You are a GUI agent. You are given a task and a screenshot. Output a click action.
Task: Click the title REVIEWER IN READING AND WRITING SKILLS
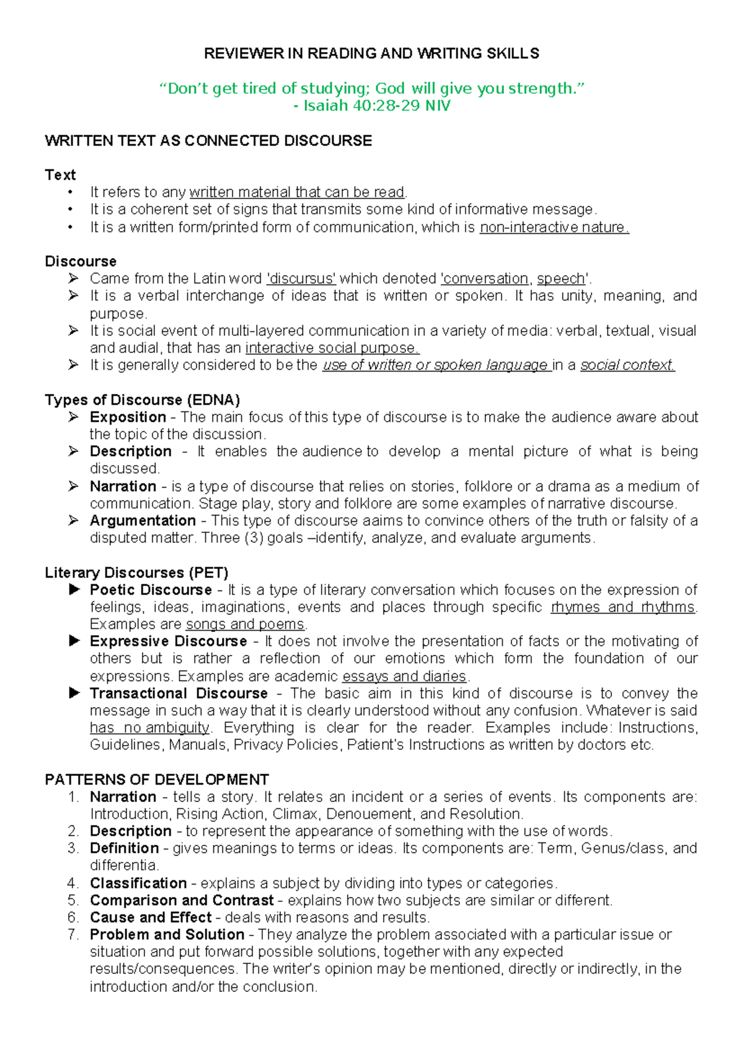[x=371, y=53]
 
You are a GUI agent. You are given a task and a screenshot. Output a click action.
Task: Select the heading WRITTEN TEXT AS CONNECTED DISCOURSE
[x=208, y=141]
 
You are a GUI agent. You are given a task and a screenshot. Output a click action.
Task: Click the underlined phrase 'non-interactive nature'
[x=554, y=228]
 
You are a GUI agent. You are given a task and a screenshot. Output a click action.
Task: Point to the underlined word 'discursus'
[x=301, y=279]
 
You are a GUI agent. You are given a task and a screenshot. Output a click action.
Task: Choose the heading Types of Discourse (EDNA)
[x=142, y=399]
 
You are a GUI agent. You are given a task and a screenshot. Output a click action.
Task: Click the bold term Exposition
[x=128, y=417]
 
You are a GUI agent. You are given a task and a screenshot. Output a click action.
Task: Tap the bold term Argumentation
[x=143, y=520]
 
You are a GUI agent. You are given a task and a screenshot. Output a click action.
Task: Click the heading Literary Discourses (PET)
[x=136, y=573]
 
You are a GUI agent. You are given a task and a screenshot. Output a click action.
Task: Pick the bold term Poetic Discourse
[x=151, y=589]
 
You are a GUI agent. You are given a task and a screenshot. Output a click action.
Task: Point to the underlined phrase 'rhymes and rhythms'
[x=622, y=607]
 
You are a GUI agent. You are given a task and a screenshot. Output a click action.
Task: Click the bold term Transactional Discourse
[x=179, y=693]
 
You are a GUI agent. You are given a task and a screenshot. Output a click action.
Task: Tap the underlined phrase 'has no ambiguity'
[x=149, y=728]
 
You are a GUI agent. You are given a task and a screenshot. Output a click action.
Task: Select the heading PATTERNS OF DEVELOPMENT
[x=157, y=779]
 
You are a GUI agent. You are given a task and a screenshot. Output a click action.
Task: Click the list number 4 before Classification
[x=73, y=883]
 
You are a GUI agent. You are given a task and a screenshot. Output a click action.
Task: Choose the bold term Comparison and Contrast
[x=182, y=900]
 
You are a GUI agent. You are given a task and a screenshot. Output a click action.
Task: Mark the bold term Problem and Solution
[x=167, y=934]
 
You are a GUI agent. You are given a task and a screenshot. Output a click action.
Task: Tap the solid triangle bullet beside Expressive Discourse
[x=74, y=641]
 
